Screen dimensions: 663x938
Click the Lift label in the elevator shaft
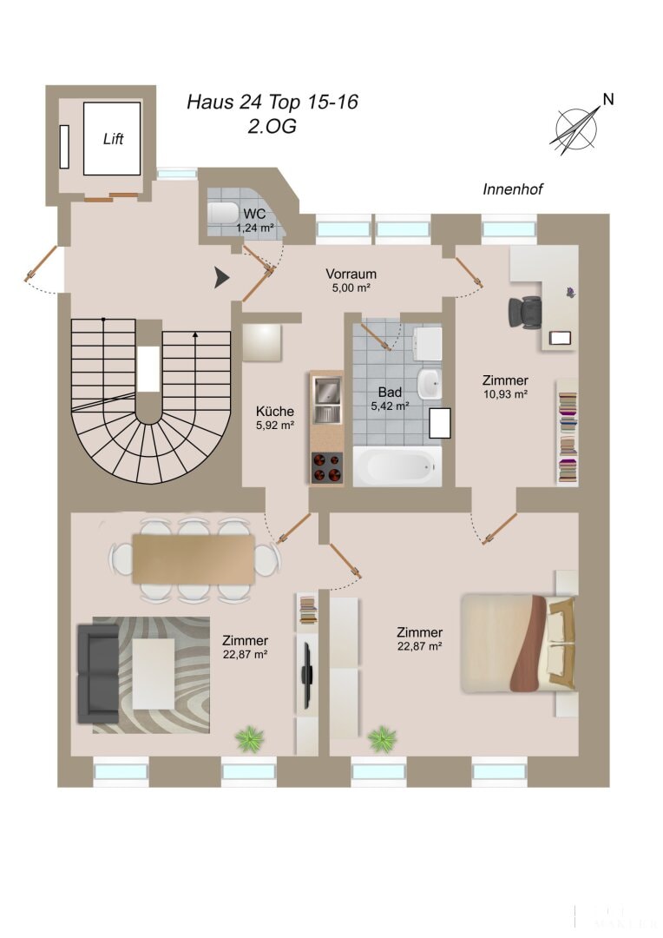[x=113, y=139]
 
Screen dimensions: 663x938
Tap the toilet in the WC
[x=223, y=213]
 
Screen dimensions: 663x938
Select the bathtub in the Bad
[x=397, y=466]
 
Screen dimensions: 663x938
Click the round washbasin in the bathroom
[x=430, y=383]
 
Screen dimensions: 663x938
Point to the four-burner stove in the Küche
[x=327, y=467]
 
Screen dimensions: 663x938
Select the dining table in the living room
[x=194, y=558]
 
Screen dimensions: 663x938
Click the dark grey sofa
[x=99, y=673]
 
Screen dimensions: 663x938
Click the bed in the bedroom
[x=518, y=643]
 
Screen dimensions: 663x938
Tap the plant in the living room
[x=249, y=739]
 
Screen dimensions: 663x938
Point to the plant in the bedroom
[x=382, y=739]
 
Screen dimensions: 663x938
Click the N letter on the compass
[x=608, y=99]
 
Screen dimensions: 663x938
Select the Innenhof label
[x=513, y=189]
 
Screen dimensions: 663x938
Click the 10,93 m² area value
[x=505, y=394]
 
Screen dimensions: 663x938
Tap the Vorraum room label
[x=351, y=274]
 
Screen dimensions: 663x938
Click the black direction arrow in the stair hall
[x=222, y=277]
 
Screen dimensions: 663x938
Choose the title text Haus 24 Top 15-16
[x=272, y=102]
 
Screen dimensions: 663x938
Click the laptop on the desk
[x=561, y=338]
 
